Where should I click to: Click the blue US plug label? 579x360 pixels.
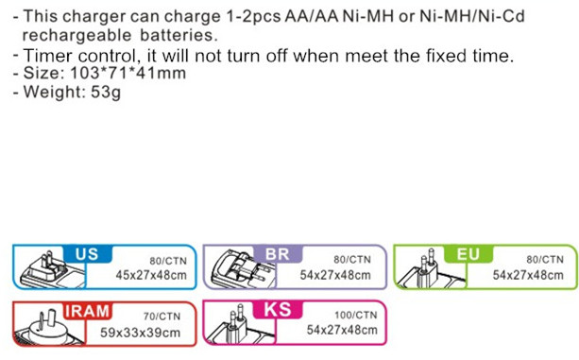click(88, 254)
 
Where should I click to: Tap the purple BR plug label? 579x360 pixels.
click(278, 254)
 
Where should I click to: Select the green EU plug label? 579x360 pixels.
click(468, 254)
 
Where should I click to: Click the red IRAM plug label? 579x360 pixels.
click(88, 311)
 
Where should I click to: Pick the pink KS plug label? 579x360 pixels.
click(278, 309)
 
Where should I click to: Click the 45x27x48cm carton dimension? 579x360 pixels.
click(151, 275)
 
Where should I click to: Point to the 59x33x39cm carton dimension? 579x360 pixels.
click(141, 333)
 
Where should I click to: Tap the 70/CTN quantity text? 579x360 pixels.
click(162, 317)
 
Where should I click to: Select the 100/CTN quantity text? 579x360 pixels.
click(356, 315)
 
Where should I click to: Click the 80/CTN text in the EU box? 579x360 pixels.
click(545, 260)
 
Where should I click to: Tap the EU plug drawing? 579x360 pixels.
click(430, 267)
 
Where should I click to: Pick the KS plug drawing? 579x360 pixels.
click(240, 324)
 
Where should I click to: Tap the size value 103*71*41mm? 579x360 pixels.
click(128, 73)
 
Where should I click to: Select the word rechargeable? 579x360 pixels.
click(77, 36)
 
